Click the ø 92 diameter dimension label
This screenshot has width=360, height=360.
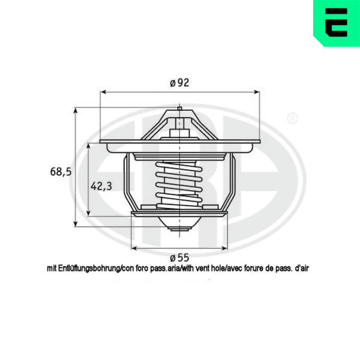179,83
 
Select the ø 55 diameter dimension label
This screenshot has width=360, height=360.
179,257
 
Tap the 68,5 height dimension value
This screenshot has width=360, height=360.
61,172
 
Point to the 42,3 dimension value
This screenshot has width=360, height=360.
101,186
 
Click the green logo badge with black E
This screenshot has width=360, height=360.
337,23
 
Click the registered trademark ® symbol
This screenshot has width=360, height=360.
293,118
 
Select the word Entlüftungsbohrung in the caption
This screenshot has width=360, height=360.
89,269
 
